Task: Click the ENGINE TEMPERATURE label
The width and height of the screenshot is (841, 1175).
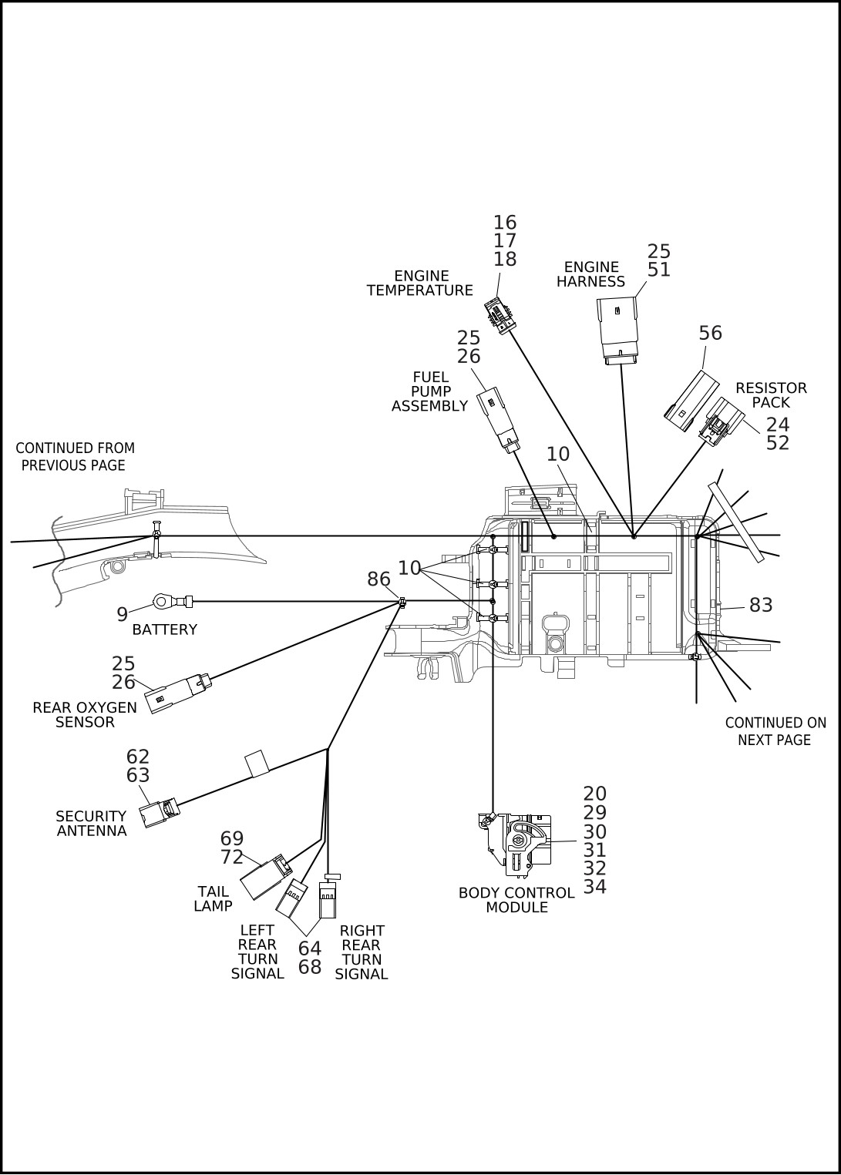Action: tap(420, 283)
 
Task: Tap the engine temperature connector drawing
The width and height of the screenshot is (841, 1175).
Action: tap(500, 316)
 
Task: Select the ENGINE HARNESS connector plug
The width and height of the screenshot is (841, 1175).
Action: tap(618, 329)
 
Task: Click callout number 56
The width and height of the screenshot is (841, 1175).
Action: tap(710, 333)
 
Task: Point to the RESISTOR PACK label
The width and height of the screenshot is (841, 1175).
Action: tap(771, 394)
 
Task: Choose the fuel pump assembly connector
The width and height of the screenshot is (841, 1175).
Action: tap(498, 418)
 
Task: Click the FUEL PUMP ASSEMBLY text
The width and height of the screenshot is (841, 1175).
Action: tap(430, 391)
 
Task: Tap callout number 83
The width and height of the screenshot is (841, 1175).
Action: tap(760, 606)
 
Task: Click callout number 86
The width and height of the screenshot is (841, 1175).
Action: tap(378, 579)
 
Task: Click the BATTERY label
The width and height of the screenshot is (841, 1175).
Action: tap(164, 629)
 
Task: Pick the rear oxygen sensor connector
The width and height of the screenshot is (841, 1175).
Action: tap(177, 692)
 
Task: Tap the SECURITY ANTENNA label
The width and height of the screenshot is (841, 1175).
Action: tap(91, 823)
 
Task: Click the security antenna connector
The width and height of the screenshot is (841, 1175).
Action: tap(158, 811)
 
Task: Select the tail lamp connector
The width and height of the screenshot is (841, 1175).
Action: tap(265, 877)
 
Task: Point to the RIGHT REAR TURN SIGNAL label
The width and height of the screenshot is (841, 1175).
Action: tap(362, 952)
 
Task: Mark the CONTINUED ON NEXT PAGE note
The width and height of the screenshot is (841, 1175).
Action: tap(775, 731)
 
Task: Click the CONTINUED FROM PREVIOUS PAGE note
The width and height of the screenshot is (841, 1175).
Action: tap(75, 456)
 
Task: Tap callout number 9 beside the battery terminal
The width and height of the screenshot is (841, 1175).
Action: tap(122, 614)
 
